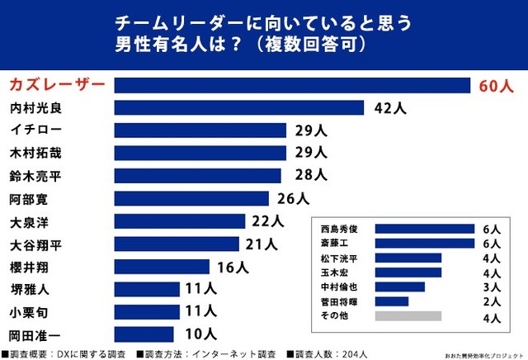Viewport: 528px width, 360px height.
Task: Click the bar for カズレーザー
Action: [291, 85]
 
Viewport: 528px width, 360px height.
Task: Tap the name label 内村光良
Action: [35, 108]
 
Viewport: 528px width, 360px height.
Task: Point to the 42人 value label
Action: [387, 108]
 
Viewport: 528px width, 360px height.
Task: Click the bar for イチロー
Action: [200, 130]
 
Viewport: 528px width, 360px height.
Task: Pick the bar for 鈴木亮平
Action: [197, 175]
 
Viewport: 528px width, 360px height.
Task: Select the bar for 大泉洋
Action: [180, 220]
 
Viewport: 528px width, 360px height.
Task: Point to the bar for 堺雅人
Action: [147, 289]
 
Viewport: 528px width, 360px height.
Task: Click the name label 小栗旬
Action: [28, 311]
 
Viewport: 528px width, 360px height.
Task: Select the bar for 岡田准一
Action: [144, 334]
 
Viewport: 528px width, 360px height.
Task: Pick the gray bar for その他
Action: [408, 315]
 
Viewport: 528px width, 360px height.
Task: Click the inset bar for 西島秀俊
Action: [424, 229]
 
